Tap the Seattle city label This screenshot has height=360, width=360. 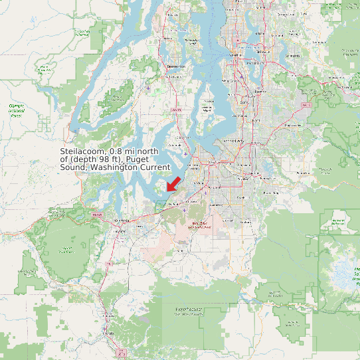(234, 55)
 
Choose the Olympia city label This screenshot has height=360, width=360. (121, 219)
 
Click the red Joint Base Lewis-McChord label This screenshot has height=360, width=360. (199, 225)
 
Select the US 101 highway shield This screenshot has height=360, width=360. (98, 215)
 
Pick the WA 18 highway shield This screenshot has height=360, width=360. (306, 105)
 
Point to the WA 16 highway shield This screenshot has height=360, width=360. (175, 108)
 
